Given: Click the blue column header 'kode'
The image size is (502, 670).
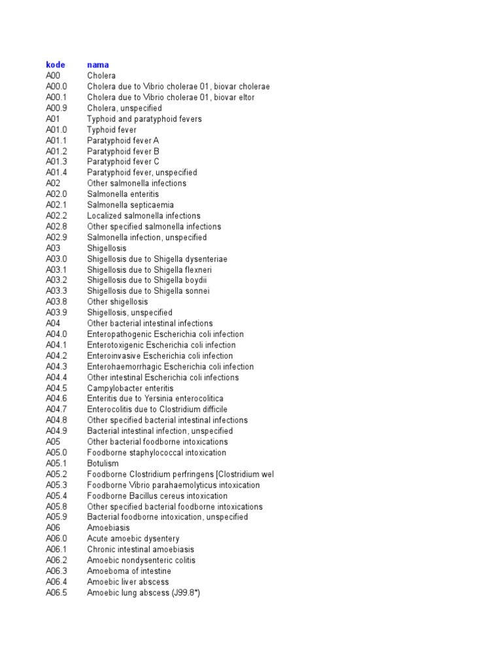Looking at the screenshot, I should coord(56,65).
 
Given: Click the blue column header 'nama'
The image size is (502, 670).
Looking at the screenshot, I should coord(98,65).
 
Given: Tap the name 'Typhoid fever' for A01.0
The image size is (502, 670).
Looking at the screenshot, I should coord(112,130).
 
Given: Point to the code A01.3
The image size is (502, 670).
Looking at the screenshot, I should coord(57,162).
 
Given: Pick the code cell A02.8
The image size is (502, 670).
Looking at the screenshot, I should coord(57,226).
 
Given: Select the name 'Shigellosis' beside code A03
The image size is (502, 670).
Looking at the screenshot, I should coord(107,248).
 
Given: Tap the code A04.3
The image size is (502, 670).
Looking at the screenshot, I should coord(57,366).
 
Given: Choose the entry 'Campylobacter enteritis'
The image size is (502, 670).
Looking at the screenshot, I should coord(131,388).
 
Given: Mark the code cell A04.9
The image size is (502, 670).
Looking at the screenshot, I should coord(57,431).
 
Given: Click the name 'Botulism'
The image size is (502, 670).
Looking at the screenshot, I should coord(103,463).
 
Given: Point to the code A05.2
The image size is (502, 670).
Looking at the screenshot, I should coord(57,474).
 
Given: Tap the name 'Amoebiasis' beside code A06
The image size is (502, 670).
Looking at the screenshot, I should coord(109,527).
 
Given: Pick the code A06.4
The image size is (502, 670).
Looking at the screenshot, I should coord(57,582).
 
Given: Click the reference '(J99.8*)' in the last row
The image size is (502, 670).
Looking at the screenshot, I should coord(186,593).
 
